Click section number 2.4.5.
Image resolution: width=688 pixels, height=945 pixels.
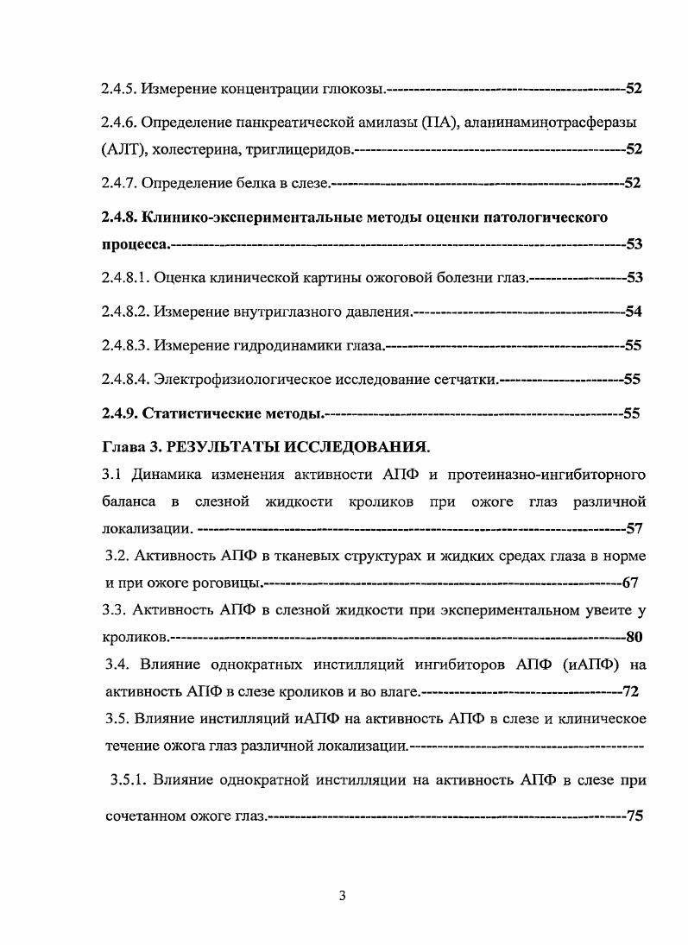tap(118, 89)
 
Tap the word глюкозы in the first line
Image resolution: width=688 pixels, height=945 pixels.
tap(357, 89)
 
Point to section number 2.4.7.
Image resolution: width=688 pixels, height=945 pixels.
tap(118, 183)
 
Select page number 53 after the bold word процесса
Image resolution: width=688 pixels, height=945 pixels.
tap(634, 245)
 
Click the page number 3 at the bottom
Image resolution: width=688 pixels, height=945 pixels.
tap(343, 896)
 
